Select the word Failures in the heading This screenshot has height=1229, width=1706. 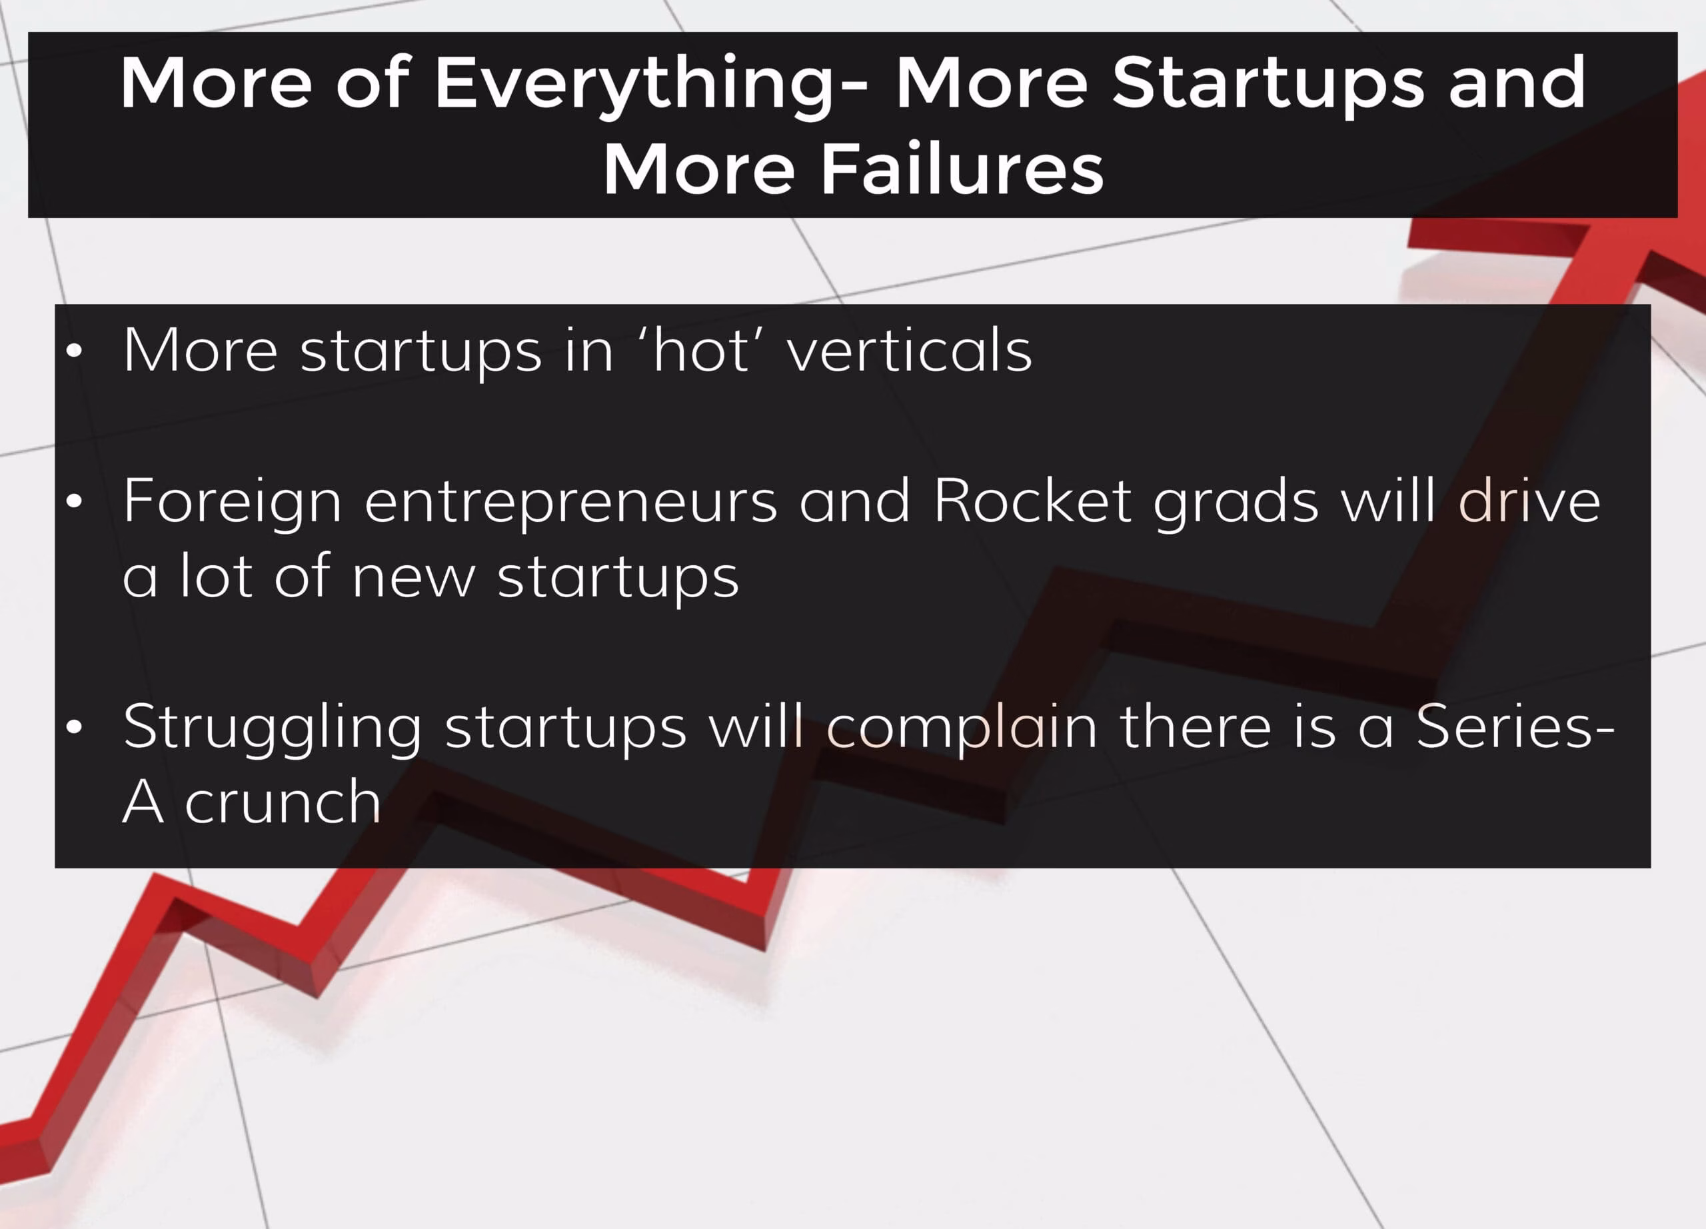962,169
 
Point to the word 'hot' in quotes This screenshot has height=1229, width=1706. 701,350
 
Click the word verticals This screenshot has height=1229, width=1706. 910,350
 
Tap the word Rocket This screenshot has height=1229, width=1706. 1032,500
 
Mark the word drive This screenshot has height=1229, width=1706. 1529,500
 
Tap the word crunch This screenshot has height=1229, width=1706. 283,802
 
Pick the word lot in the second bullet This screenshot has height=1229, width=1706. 216,575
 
